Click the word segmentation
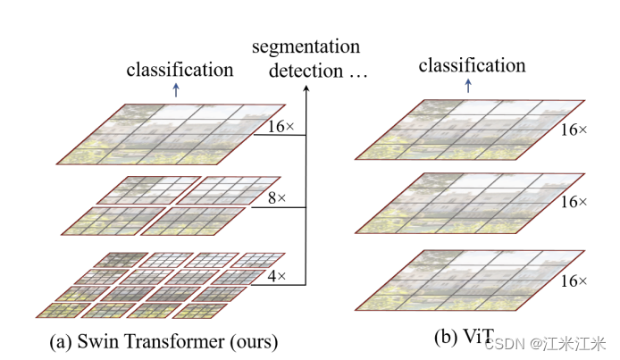pos(306,46)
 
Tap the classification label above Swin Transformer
pos(180,68)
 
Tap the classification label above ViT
pos(472,64)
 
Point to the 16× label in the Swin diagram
pos(281,126)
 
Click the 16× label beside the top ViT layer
pos(574,130)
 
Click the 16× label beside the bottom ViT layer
pos(574,281)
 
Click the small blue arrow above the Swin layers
pos(176,88)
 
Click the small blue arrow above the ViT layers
pos(467,85)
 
